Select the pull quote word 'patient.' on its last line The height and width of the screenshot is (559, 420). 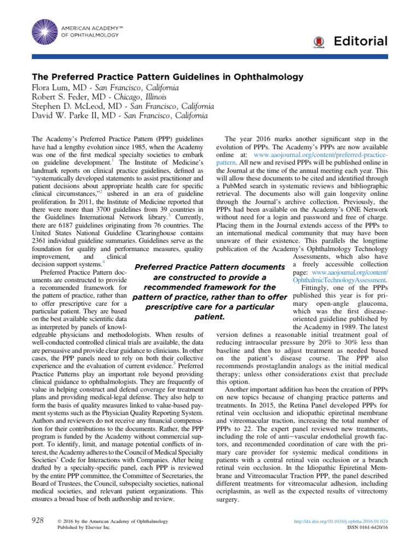click(210, 317)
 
